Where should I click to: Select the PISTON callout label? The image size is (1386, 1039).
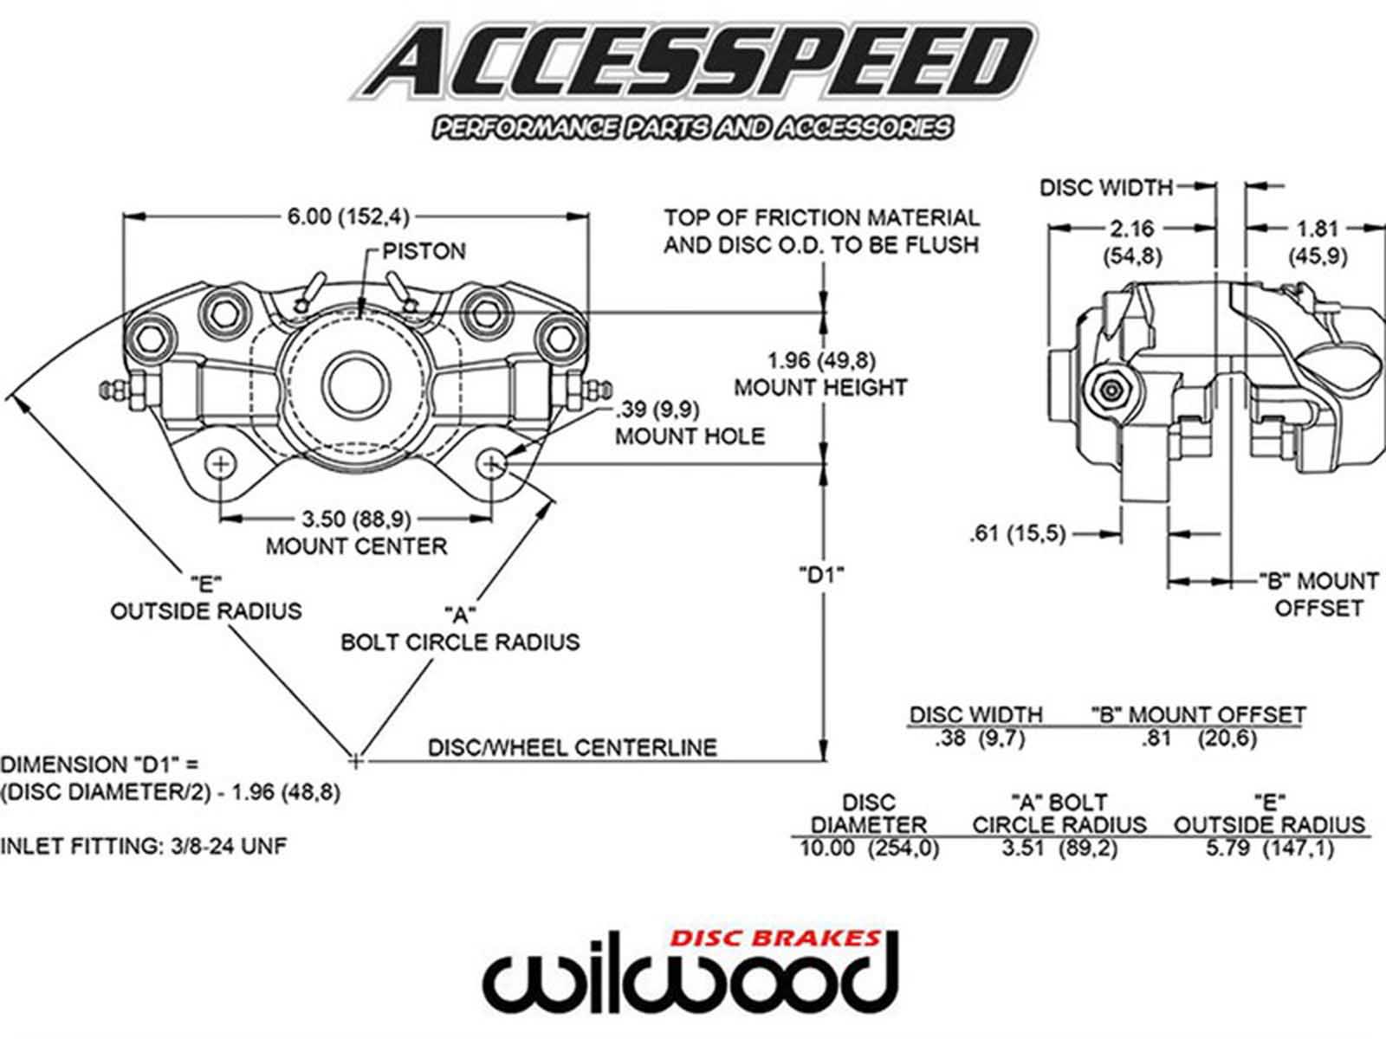(424, 251)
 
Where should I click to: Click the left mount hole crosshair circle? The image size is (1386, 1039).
(221, 464)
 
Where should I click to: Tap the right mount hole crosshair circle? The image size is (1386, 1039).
(494, 464)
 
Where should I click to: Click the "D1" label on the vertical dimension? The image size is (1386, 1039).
(821, 573)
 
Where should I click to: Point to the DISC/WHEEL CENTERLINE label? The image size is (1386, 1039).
(572, 747)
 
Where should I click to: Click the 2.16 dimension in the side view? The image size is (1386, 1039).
(1132, 229)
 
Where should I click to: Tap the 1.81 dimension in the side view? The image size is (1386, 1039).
(1318, 229)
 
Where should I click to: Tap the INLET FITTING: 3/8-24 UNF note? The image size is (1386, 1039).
(143, 846)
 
